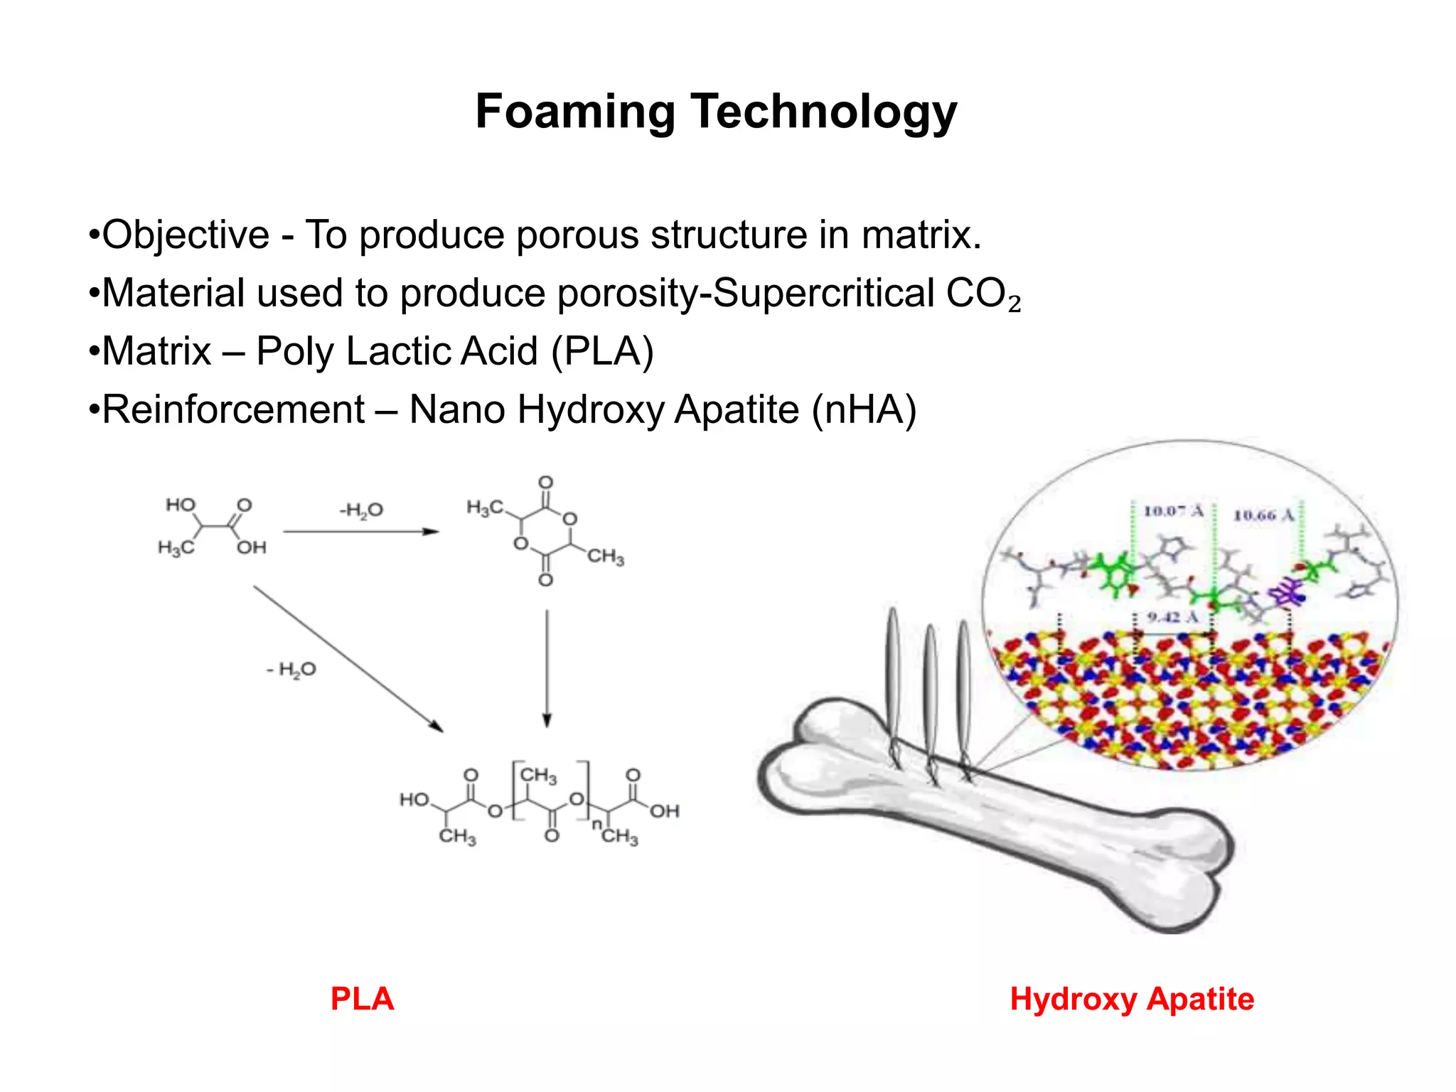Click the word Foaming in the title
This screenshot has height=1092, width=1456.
click(575, 112)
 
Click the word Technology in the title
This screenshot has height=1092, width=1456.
click(824, 112)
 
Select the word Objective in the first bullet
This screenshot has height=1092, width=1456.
click(186, 235)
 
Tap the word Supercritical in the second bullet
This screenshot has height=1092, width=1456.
click(823, 293)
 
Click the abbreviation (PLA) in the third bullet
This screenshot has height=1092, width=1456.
click(602, 351)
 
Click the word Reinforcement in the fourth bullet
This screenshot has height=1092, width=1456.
click(234, 409)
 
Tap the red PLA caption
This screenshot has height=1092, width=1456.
click(362, 999)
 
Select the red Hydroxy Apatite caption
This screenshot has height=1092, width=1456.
click(1132, 999)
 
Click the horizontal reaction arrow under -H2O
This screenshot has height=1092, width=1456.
click(360, 532)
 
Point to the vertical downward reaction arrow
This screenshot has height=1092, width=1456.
click(547, 668)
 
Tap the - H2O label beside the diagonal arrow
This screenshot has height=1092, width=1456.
click(291, 669)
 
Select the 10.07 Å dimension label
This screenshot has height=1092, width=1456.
click(1173, 510)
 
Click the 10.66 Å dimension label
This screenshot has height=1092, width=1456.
click(1263, 515)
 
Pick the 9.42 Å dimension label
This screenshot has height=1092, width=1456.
click(1172, 617)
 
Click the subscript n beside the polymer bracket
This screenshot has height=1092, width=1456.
click(596, 823)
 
